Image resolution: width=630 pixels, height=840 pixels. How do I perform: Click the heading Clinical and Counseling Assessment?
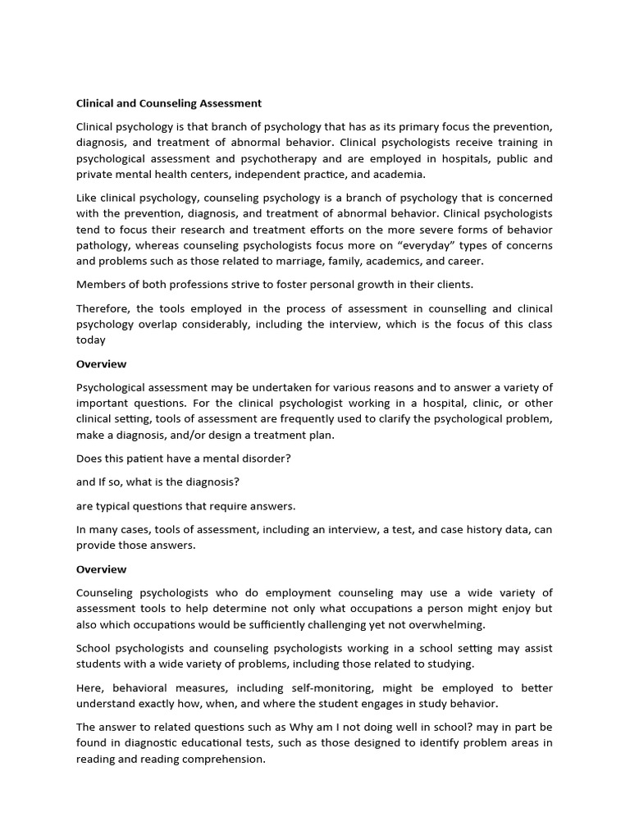[169, 103]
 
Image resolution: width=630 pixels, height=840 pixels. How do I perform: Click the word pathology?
[103, 245]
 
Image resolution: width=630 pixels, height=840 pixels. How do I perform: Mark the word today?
[90, 340]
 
